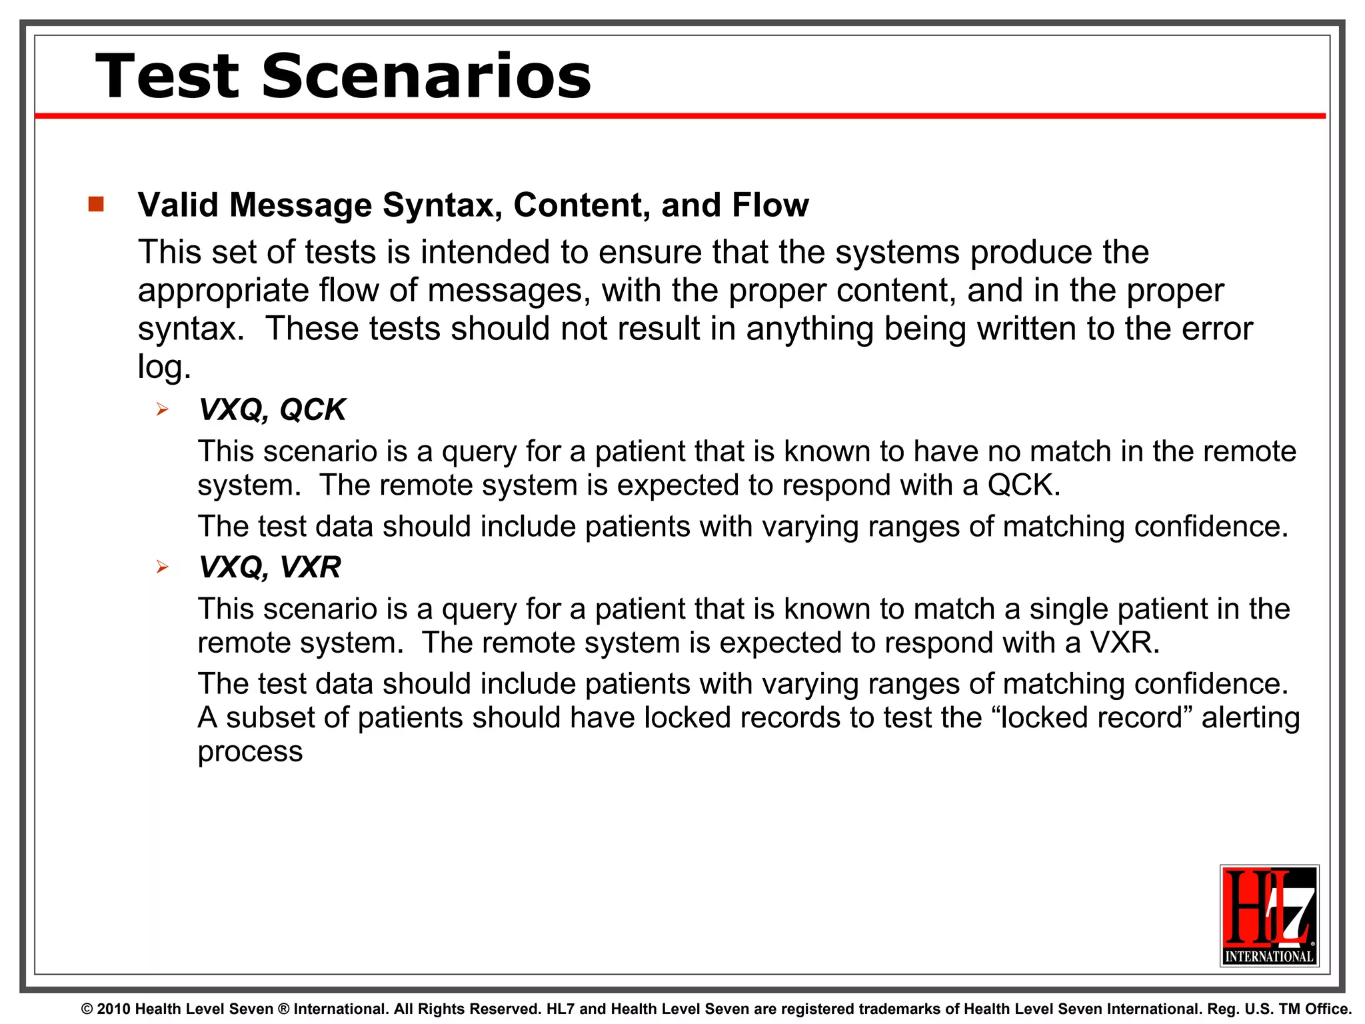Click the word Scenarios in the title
(427, 77)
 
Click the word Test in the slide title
(167, 77)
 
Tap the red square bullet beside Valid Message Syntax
(96, 204)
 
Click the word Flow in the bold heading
(770, 205)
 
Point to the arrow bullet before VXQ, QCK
(162, 409)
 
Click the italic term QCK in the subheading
(313, 409)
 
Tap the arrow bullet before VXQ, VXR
(162, 567)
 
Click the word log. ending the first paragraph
(164, 367)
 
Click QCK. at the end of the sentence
(1023, 485)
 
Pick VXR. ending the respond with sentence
(1124, 643)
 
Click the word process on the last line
(250, 752)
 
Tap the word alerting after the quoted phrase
(1250, 718)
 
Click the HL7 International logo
(1269, 915)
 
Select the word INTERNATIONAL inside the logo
(1269, 956)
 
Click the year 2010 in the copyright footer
(113, 1009)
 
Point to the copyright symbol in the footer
(87, 1009)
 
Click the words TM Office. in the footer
(1315, 1009)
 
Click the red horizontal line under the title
(680, 116)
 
